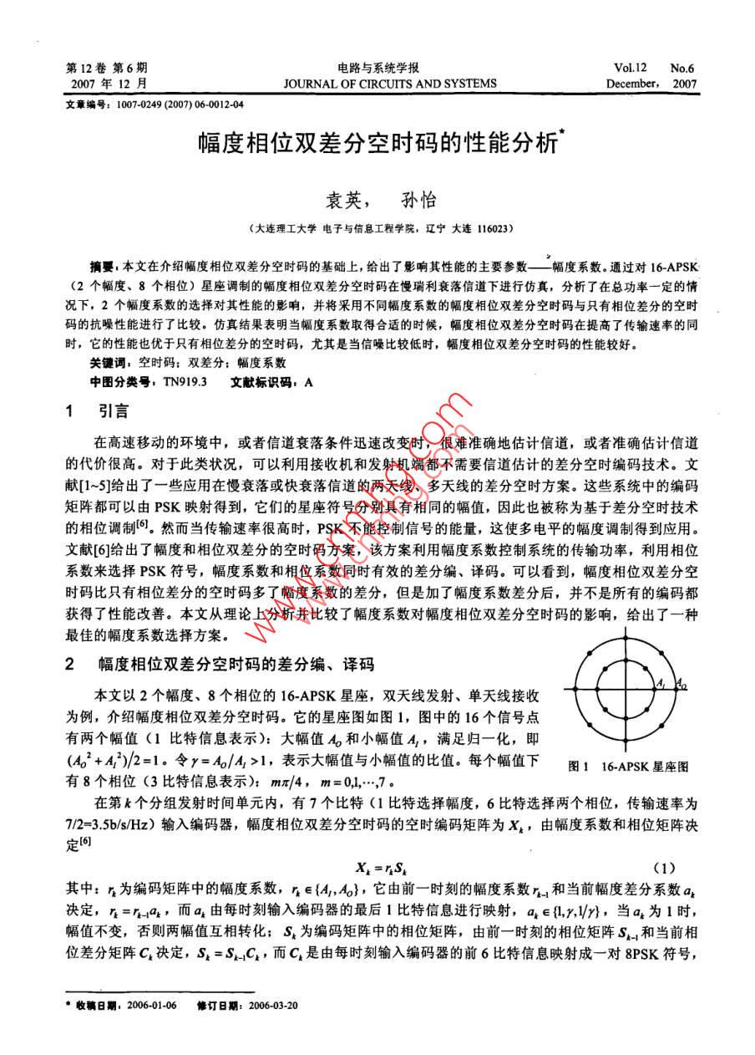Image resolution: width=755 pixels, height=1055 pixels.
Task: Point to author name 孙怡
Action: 420,201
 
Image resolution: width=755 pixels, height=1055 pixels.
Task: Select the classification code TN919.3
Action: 185,380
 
